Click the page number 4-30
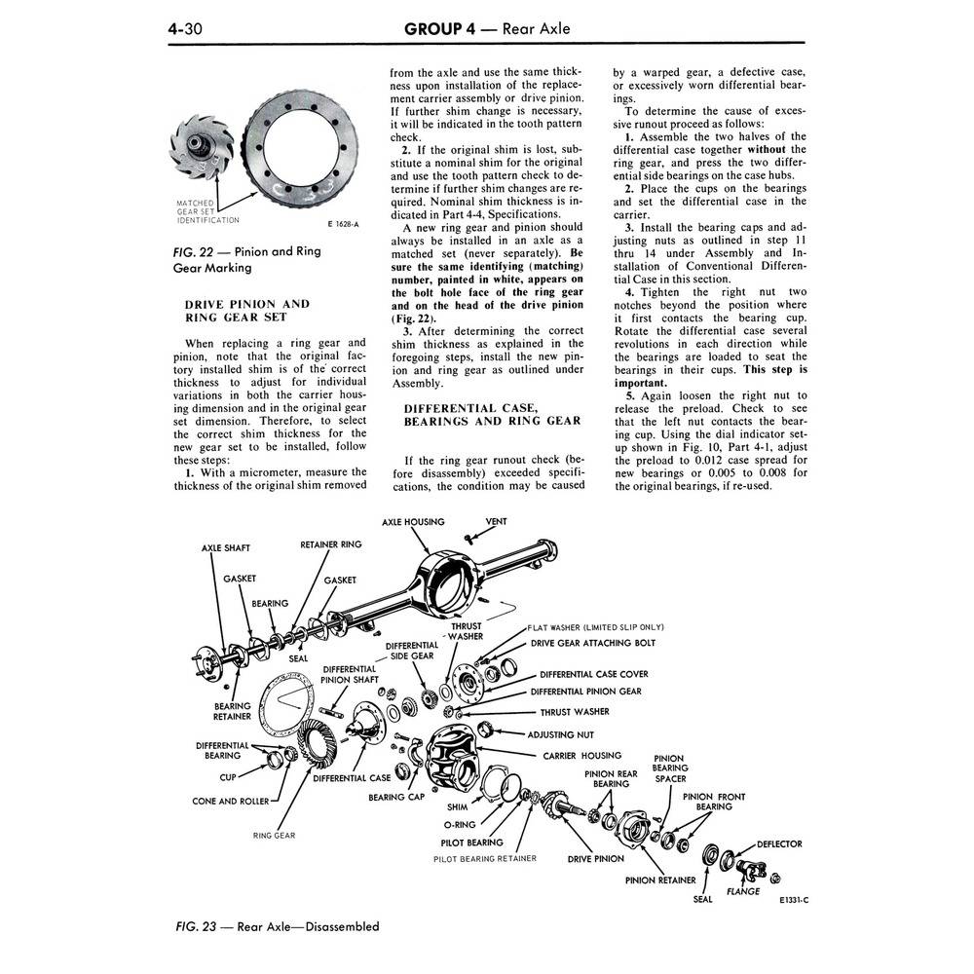185,28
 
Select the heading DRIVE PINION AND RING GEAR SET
246,311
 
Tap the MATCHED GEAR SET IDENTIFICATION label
207,211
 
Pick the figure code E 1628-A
343,224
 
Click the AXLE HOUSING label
413,522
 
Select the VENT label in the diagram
496,522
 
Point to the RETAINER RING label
330,544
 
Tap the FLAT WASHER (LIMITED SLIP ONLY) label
596,627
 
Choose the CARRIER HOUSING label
582,756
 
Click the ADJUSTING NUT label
560,734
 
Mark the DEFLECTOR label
779,844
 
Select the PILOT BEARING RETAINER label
484,858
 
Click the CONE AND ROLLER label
231,802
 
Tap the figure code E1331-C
794,900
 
